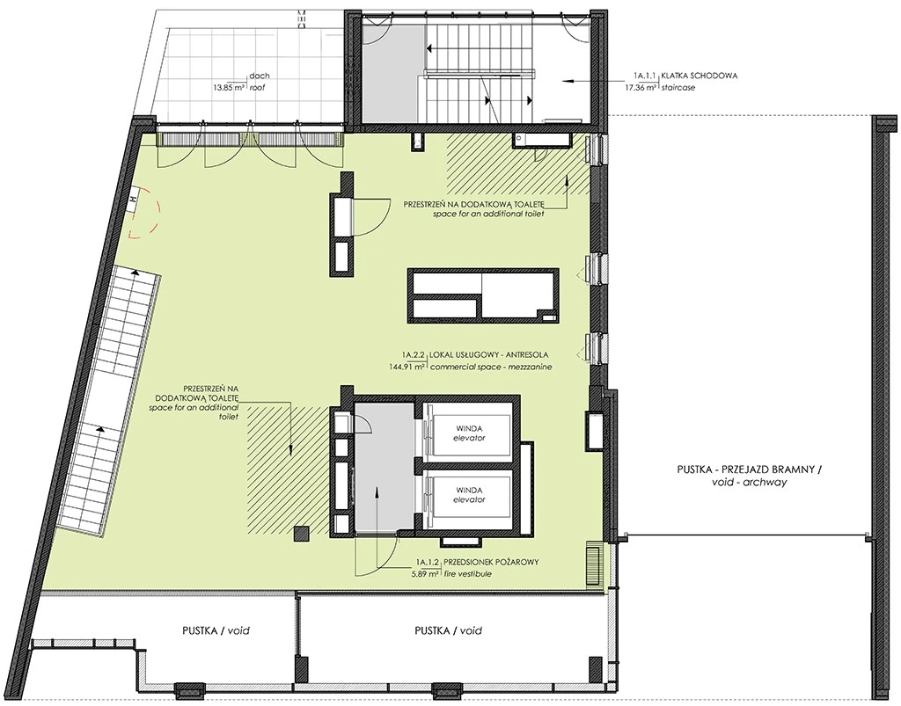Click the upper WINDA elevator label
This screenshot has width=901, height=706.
pyautogui.click(x=469, y=433)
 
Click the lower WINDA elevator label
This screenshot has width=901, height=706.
pyautogui.click(x=469, y=495)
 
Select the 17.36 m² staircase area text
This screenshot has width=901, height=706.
pyautogui.click(x=641, y=88)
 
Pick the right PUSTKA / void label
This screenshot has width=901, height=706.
pyautogui.click(x=448, y=630)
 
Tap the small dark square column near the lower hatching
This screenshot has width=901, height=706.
pyautogui.click(x=302, y=535)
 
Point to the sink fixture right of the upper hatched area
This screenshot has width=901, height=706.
pyautogui.click(x=543, y=140)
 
